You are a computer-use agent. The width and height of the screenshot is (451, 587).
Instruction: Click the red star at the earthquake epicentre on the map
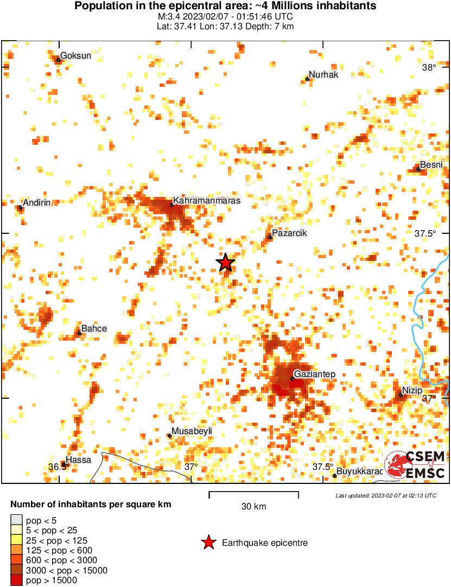point(226,263)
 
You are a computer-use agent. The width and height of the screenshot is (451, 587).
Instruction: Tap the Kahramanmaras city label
point(207,201)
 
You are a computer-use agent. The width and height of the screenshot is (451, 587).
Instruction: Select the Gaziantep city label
point(314,374)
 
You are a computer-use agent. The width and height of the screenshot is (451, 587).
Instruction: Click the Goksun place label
point(75,55)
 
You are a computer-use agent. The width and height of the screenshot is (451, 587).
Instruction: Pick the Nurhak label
point(323,75)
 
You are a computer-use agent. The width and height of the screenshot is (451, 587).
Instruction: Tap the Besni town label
point(432,165)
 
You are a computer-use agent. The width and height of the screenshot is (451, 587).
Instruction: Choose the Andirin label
point(37,203)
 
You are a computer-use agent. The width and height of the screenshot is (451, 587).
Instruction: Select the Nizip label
point(412,391)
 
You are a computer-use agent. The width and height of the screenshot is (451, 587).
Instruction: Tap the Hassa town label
point(79,460)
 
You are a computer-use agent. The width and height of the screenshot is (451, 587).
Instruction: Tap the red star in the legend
point(208,543)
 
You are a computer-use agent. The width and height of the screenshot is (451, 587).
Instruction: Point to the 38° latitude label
point(429,68)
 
